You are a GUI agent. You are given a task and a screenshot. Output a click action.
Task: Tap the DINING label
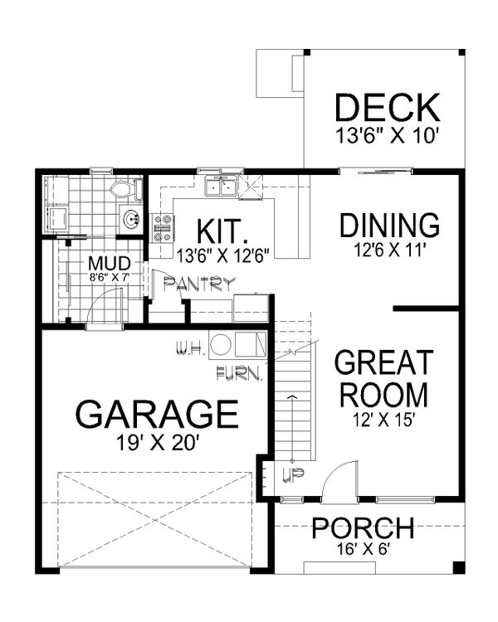coord(388,226)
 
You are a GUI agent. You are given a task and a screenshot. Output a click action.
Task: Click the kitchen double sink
coord(220,188)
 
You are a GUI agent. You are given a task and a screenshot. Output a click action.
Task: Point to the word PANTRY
coord(199,284)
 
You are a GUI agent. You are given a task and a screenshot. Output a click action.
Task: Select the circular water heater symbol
coord(220,344)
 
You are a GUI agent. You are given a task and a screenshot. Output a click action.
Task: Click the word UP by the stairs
coord(291,476)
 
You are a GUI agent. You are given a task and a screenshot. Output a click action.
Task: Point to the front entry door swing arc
coord(340,479)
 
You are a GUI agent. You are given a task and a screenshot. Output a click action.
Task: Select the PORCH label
coord(363,527)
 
